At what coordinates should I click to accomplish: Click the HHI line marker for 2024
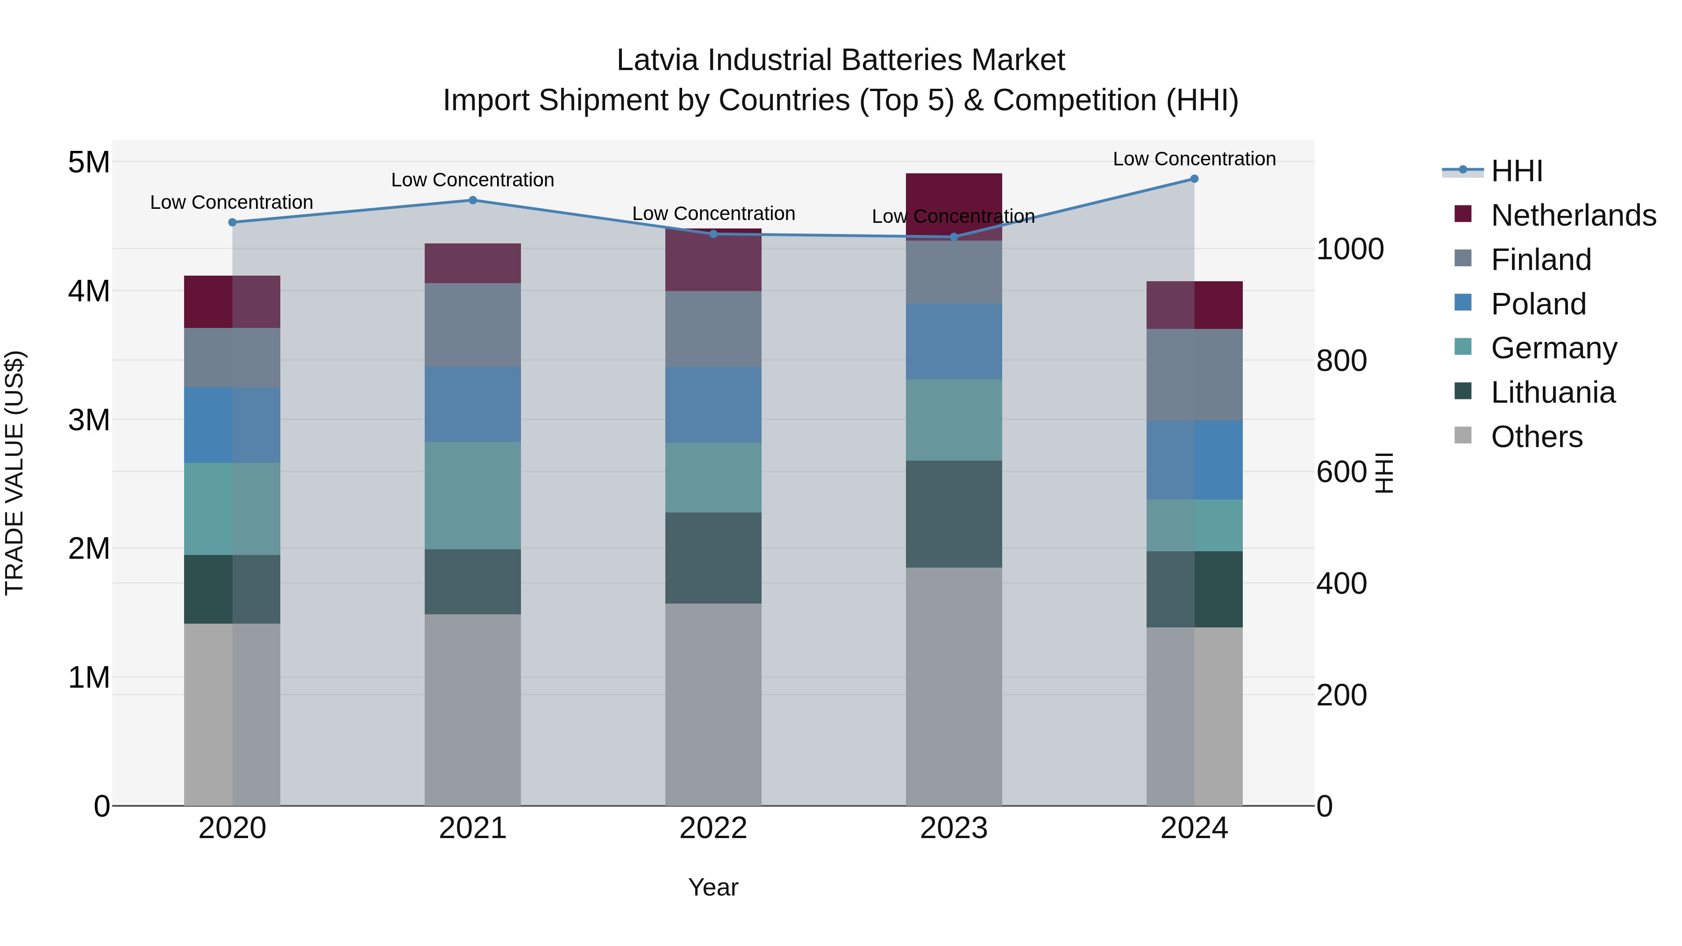[x=1194, y=179]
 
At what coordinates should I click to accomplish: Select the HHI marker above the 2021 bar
[x=473, y=200]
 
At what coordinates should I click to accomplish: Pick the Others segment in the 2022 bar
[x=713, y=704]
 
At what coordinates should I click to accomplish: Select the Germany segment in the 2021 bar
[x=473, y=496]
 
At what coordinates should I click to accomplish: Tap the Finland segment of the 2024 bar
[x=1194, y=375]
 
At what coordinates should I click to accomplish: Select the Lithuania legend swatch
[x=1463, y=392]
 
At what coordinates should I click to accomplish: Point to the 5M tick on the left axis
[x=89, y=162]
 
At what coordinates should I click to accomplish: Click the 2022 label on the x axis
[x=713, y=828]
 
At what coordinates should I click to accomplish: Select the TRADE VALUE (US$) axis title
[x=14, y=473]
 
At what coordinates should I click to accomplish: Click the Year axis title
[x=713, y=887]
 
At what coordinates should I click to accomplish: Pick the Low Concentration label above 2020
[x=232, y=202]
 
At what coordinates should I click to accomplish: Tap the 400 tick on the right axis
[x=1341, y=583]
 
